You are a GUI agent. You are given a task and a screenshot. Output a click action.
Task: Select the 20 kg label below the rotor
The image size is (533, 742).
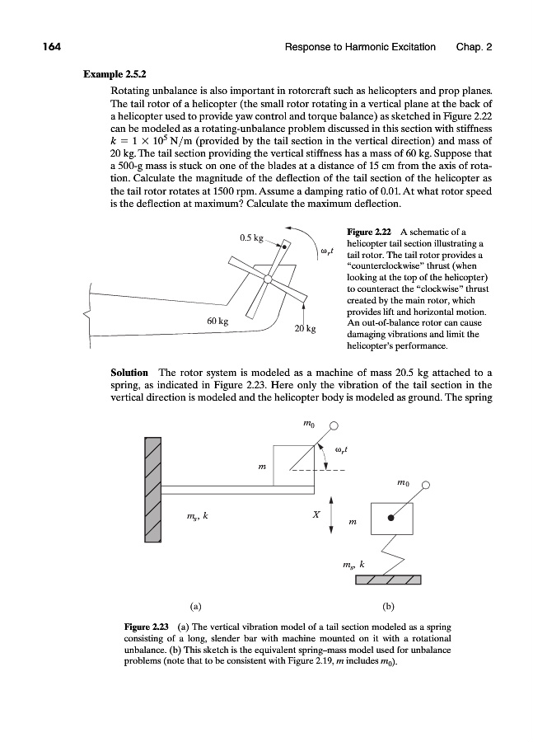coord(306,329)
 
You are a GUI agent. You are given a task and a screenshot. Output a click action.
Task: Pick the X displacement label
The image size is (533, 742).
coord(316,514)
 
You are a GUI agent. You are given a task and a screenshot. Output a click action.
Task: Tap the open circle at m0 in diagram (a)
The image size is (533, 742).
coord(334,426)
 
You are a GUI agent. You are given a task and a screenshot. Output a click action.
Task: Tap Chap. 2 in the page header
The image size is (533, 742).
coord(474,48)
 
